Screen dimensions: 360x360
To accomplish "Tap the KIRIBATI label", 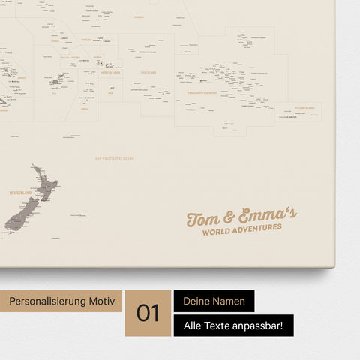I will click(x=139, y=16).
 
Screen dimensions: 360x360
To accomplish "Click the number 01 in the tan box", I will click(x=148, y=313).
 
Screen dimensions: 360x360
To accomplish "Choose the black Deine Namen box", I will click(x=214, y=301).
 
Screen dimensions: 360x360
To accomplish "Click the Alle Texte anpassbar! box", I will click(x=233, y=325).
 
